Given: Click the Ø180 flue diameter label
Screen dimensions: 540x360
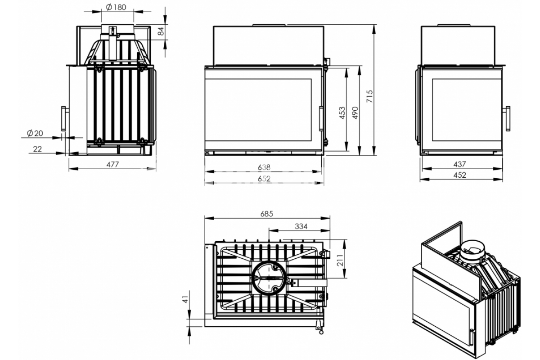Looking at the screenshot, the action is [x=116, y=7].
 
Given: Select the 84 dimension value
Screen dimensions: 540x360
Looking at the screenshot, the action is [x=161, y=31].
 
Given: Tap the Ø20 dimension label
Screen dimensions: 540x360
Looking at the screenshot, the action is [x=35, y=133].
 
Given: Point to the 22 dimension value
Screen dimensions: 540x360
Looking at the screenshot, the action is [x=37, y=149].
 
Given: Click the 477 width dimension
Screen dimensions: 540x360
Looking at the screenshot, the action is [x=112, y=164].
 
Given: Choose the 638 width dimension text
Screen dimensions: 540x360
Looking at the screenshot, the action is [x=264, y=167].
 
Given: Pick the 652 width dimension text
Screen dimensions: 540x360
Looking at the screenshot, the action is [x=264, y=179].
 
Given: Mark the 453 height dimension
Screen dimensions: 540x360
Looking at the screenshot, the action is [x=342, y=113].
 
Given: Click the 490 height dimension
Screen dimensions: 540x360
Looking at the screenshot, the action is [x=355, y=113].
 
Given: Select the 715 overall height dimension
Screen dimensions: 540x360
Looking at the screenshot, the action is [x=369, y=96].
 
